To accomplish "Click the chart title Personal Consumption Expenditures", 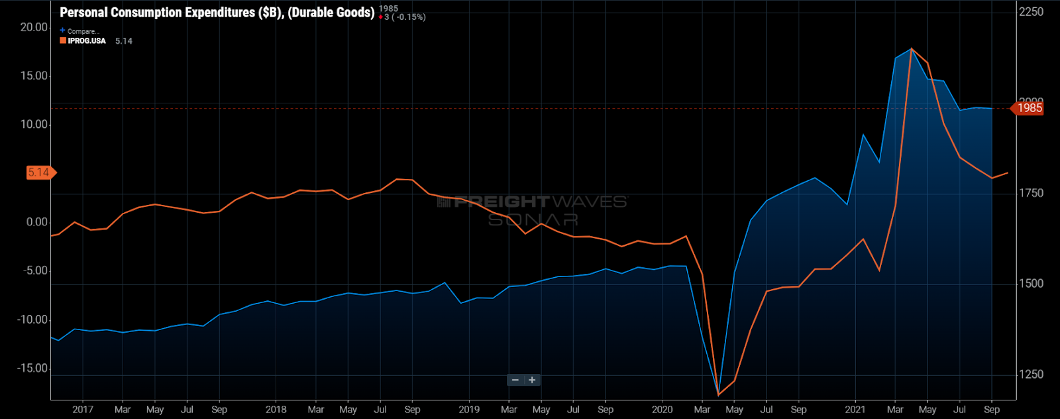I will tap(217, 13).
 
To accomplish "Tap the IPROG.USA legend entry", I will tap(86, 41).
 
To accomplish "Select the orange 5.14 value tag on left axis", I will tap(39, 173).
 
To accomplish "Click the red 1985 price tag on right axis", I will tap(1029, 108).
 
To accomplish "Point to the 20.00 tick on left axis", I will tap(34, 27).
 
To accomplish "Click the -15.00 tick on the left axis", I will tap(32, 369).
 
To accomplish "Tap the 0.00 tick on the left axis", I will tap(37, 222).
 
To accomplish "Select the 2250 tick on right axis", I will tap(1031, 12).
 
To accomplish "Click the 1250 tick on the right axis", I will tap(1031, 375).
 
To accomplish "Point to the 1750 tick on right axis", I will tap(1031, 193).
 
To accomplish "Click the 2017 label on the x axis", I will tap(83, 410).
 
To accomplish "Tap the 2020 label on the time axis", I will tap(662, 410).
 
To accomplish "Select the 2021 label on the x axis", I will tap(855, 410).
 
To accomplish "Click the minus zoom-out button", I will tap(515, 380).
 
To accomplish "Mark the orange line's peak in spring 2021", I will tap(912, 48).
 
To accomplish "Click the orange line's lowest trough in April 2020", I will tap(719, 395).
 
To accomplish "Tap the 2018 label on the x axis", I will tap(276, 410).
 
